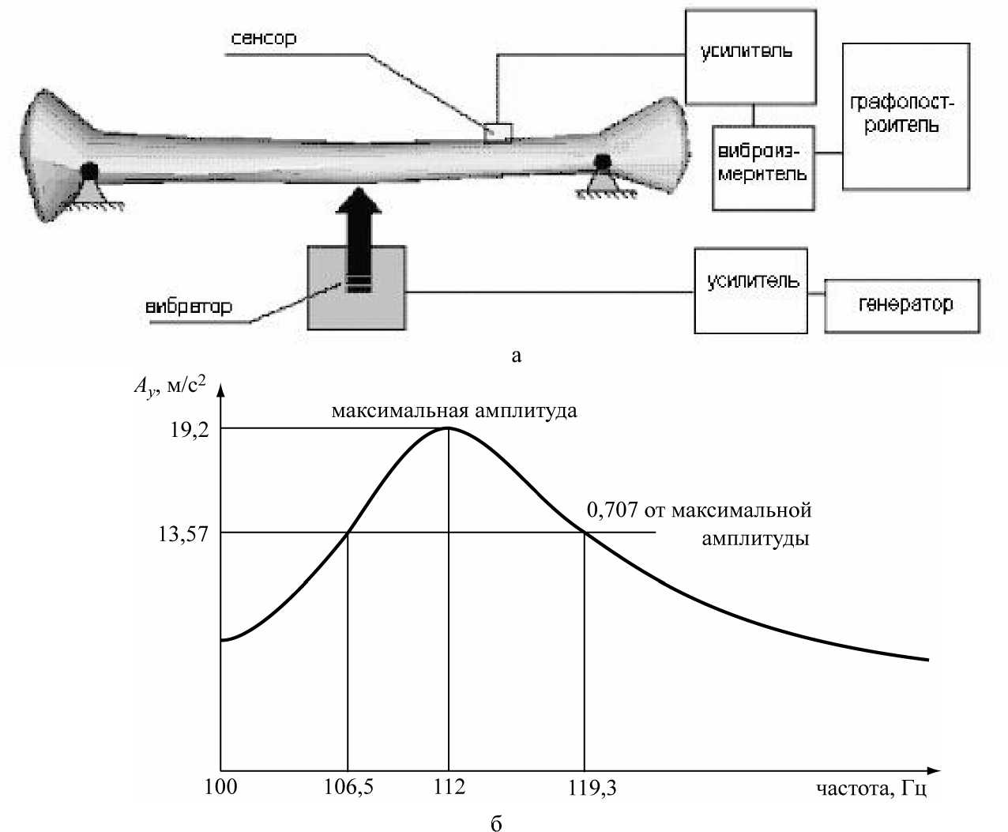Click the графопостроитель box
click(905, 116)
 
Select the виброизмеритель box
click(762, 167)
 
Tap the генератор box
click(902, 305)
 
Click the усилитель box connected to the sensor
click(750, 57)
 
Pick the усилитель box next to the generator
click(750, 290)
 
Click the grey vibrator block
click(357, 304)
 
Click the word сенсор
click(264, 38)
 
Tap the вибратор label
click(189, 307)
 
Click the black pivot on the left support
click(89, 171)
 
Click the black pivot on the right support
click(603, 162)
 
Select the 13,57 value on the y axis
click(184, 533)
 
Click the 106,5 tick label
click(349, 787)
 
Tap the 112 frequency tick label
click(449, 787)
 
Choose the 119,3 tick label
click(585, 787)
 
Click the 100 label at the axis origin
click(220, 787)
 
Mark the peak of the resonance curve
click(449, 428)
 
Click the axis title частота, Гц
click(871, 789)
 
